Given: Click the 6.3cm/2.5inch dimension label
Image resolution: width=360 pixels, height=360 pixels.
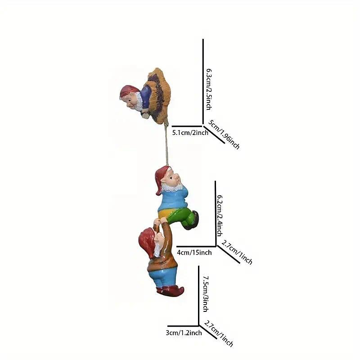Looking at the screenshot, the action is pyautogui.click(x=209, y=89).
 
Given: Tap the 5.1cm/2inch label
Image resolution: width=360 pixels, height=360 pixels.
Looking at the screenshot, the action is pyautogui.click(x=190, y=133).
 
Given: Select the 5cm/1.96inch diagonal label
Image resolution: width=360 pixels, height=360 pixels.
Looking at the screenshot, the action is pyautogui.click(x=224, y=134).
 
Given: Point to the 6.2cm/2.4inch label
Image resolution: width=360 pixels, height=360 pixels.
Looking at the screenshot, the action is pyautogui.click(x=220, y=216).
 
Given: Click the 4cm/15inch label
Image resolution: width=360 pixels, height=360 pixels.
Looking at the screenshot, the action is pyautogui.click(x=194, y=252).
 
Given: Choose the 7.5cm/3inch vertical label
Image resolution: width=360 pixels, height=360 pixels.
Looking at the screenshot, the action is pyautogui.click(x=206, y=294).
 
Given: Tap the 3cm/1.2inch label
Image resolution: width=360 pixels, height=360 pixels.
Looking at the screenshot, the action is pyautogui.click(x=184, y=333).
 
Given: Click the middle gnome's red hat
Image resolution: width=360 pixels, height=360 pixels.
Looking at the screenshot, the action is pyautogui.click(x=162, y=178).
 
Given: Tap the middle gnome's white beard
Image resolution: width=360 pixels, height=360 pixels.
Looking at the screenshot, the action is pyautogui.click(x=173, y=187).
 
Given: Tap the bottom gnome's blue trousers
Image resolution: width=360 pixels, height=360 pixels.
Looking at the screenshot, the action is pyautogui.click(x=163, y=277).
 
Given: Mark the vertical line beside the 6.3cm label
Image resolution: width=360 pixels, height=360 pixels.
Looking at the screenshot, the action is pyautogui.click(x=203, y=82).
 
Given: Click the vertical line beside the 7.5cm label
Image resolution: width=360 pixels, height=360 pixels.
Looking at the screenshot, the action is pyautogui.click(x=198, y=296).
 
